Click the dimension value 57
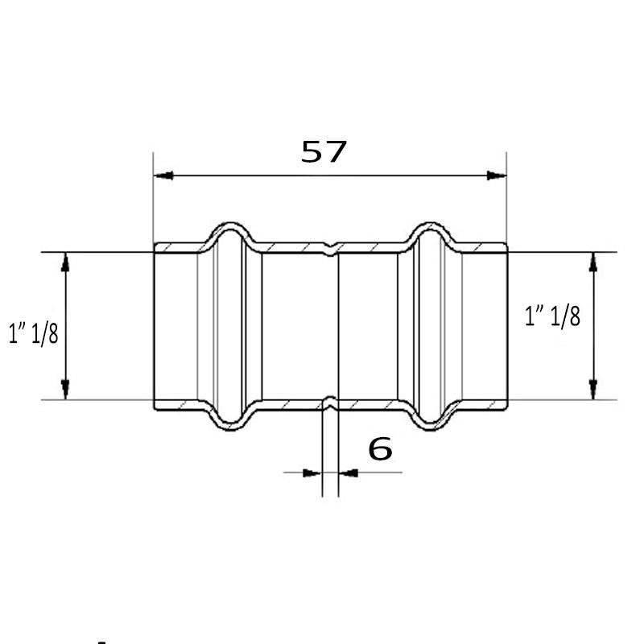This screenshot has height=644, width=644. tap(324, 151)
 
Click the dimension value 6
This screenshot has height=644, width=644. tap(380, 449)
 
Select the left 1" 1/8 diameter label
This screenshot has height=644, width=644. tap(34, 333)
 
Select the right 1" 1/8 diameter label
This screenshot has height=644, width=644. tap(553, 316)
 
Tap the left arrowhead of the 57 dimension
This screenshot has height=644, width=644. tap(163, 175)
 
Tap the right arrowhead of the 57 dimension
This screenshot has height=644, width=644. tap(497, 175)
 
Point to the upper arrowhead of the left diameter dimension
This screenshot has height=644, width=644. tap(65, 262)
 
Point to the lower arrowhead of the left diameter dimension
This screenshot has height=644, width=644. tap(65, 390)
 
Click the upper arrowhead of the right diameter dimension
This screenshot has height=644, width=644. tap(592, 262)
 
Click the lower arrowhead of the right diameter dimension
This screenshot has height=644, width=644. tap(592, 390)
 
